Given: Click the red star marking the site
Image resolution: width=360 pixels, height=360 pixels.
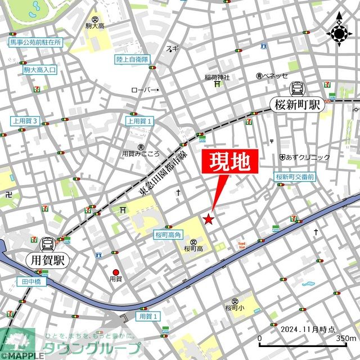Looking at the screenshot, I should (x=209, y=219).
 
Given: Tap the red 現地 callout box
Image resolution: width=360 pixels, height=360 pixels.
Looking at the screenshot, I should (x=229, y=163).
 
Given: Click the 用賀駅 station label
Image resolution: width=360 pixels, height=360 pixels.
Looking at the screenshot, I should (x=44, y=259).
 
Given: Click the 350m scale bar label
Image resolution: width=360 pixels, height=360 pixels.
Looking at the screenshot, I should (x=345, y=339).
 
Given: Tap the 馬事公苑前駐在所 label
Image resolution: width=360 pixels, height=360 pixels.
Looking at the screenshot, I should (x=35, y=43).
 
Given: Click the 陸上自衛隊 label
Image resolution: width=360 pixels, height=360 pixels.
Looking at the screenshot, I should (x=132, y=59).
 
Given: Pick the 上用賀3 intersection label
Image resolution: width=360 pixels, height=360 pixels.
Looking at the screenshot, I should (x=25, y=121).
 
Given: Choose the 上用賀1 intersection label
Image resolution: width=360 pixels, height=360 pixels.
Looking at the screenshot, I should (x=139, y=121).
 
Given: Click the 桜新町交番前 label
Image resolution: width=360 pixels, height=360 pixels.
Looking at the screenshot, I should (x=295, y=177).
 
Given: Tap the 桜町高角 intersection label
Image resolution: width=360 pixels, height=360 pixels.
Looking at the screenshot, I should (x=167, y=236).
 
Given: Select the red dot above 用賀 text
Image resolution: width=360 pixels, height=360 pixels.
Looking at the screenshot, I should (x=116, y=272).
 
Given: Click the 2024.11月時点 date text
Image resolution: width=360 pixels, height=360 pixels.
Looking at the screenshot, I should (x=307, y=329).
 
